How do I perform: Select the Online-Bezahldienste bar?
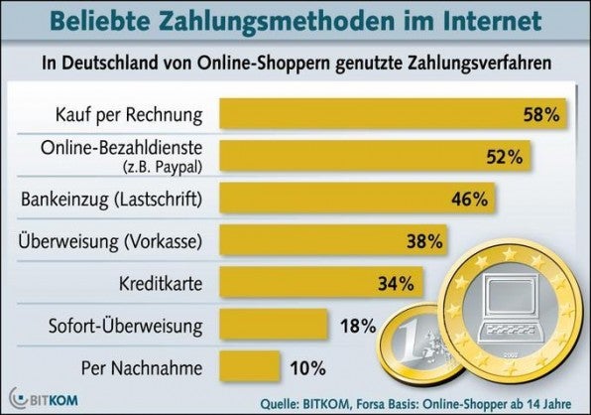[367, 156]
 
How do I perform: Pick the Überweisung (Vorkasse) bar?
[317, 241]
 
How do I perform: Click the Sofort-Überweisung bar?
[273, 325]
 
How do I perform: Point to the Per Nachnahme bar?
[249, 367]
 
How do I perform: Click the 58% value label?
[541, 114]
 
